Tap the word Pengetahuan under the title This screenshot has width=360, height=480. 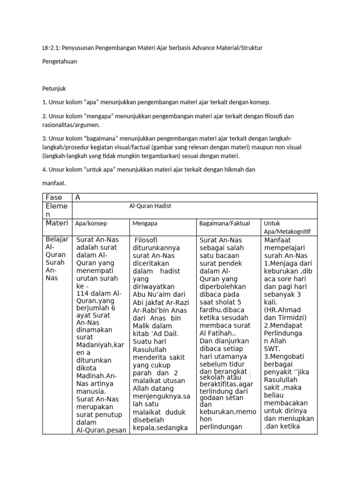tap(60, 61)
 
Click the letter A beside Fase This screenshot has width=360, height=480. tap(78, 197)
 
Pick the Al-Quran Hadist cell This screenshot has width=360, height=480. tap(150, 205)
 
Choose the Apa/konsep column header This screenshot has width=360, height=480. tap(92, 224)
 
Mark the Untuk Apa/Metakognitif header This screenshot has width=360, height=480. tap(287, 227)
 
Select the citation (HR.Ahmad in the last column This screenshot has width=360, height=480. tap(283, 310)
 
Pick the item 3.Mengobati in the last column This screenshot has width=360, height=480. tap(286, 356)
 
